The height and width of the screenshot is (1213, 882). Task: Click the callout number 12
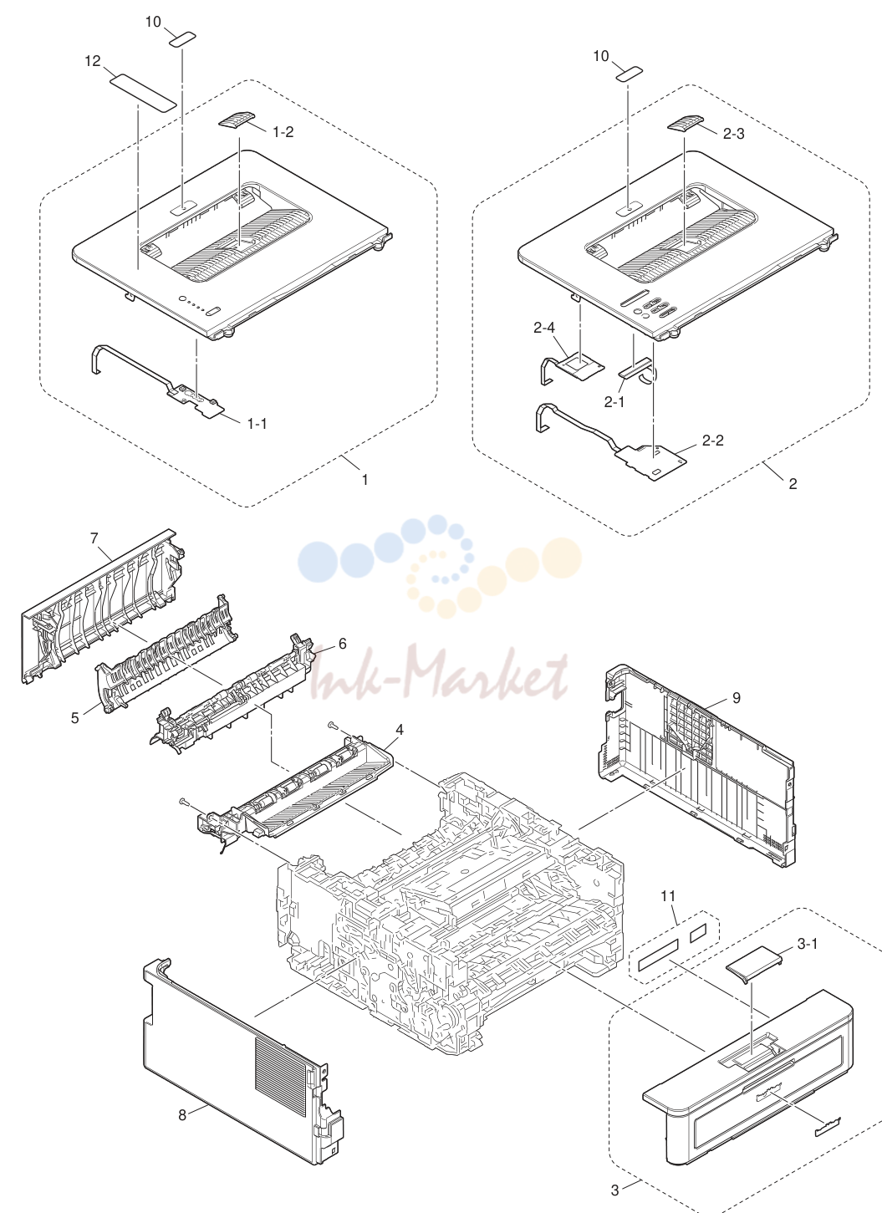[x=93, y=61]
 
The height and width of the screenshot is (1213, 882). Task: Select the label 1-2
[x=283, y=132]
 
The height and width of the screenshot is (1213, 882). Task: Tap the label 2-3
[x=734, y=134]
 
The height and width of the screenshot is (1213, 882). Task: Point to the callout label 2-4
[x=544, y=328]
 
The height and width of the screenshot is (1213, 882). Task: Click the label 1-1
[x=257, y=424]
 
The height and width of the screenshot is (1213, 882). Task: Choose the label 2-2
[x=712, y=441]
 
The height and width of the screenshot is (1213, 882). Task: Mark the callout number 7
[x=94, y=538]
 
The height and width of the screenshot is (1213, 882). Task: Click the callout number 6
[x=342, y=644]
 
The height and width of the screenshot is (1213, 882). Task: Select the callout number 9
[x=737, y=698]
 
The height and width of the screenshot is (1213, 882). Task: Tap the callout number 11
[x=668, y=896]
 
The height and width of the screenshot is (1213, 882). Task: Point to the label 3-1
[x=808, y=944]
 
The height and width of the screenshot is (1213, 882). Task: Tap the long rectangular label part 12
[x=144, y=93]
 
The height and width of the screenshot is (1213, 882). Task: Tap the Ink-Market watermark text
[x=439, y=673]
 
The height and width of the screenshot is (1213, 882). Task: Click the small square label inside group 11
[x=698, y=932]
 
